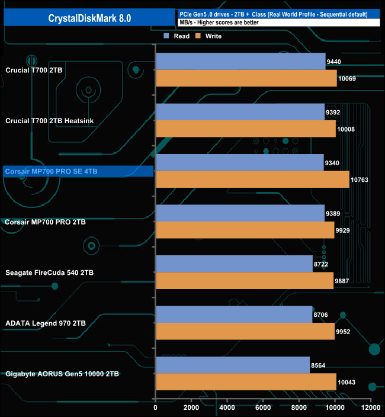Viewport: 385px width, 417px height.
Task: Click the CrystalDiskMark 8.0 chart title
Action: coord(89,18)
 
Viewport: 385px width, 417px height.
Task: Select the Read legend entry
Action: coord(177,36)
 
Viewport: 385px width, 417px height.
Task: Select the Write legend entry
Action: coord(210,36)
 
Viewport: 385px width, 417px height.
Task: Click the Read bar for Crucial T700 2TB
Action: coord(240,61)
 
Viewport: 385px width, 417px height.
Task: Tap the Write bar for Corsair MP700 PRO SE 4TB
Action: coord(252,179)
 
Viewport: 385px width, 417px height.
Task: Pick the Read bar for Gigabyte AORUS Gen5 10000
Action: coord(232,365)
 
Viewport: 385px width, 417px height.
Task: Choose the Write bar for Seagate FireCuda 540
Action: coord(244,281)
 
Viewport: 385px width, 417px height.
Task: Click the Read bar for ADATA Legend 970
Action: coord(233,315)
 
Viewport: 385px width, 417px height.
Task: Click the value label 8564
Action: coord(320,365)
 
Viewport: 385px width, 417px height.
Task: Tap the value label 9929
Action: coord(345,230)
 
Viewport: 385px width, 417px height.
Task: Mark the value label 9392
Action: coord(335,112)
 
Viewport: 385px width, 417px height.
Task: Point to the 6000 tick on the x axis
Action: coord(263,408)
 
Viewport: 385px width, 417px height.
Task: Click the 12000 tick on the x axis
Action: coord(371,408)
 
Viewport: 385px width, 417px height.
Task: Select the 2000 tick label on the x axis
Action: coord(191,408)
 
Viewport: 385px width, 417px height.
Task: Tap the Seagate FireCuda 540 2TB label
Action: coord(49,272)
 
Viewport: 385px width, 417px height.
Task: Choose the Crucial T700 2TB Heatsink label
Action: coord(50,121)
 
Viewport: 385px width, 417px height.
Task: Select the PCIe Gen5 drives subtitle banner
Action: coord(272,14)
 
